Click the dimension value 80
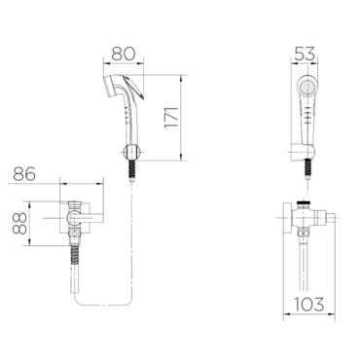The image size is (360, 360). click(x=123, y=54)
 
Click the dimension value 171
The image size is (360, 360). click(x=172, y=117)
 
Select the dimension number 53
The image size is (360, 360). click(x=305, y=54)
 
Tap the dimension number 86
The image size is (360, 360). click(x=24, y=174)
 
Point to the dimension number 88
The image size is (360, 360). click(x=20, y=224)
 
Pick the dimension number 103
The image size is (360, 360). click(x=309, y=304)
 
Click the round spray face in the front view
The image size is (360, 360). click(x=306, y=87)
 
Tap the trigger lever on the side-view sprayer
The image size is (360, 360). click(x=136, y=88)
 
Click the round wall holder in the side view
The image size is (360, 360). click(x=131, y=152)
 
